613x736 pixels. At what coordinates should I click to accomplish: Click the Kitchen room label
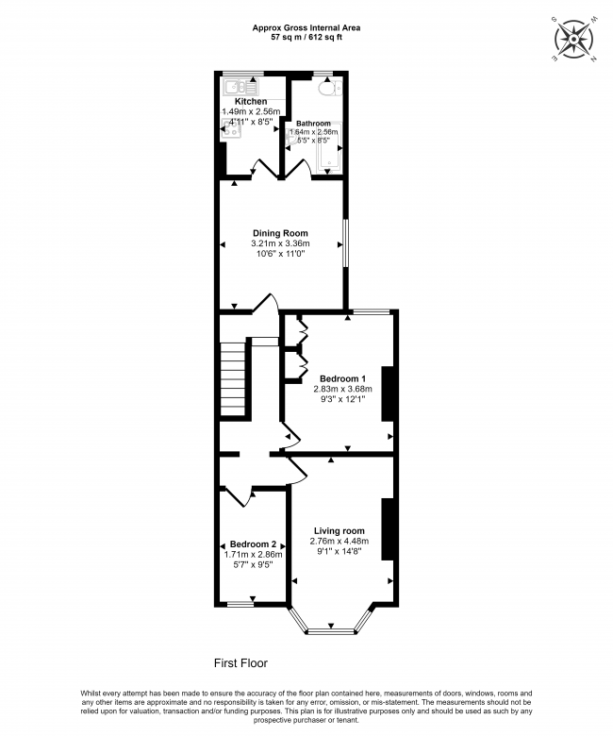click(x=251, y=101)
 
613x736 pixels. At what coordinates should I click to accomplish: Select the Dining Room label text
click(x=279, y=233)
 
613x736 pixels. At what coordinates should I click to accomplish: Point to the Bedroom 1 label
click(x=342, y=377)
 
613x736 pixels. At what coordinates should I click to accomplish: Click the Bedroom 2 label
click(x=253, y=544)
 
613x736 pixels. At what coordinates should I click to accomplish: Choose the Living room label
click(x=340, y=530)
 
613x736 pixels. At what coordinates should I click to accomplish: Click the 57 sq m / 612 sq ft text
click(x=306, y=38)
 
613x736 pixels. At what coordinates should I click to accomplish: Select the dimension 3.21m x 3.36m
click(x=279, y=243)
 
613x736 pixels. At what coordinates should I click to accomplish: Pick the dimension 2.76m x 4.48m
click(x=340, y=541)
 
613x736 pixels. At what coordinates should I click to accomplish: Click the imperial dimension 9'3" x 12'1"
click(x=342, y=399)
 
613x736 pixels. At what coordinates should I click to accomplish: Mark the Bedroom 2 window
click(x=240, y=603)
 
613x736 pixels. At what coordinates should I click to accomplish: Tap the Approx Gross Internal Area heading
click(x=306, y=28)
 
